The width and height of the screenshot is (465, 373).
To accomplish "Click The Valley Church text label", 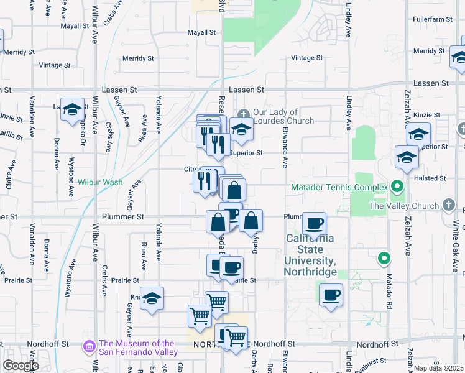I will (x=404, y=206).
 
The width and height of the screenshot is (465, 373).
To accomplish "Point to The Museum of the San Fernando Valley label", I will (x=137, y=348).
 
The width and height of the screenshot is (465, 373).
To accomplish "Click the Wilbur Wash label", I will (x=100, y=183).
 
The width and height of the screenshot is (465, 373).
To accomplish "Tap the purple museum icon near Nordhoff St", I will (x=90, y=346).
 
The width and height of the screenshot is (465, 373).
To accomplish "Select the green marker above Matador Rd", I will (x=384, y=257).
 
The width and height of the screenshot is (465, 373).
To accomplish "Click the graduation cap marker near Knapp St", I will (x=152, y=299).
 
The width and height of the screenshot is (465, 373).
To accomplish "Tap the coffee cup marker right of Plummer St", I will (x=315, y=223).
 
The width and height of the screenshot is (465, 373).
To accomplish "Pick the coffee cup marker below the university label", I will (x=331, y=295).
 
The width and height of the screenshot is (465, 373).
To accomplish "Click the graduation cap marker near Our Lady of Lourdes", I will (x=242, y=129).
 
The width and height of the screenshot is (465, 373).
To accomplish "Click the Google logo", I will (x=21, y=366).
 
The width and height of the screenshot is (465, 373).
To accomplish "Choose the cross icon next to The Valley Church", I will (x=449, y=205).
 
